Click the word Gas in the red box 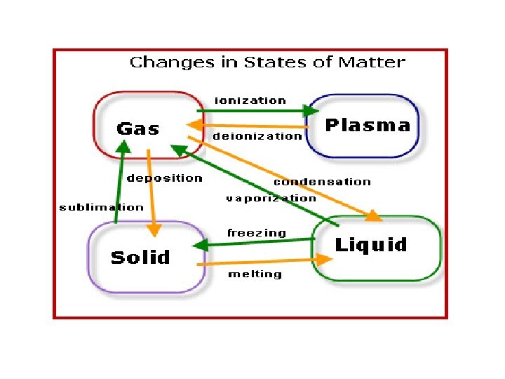pos(138,128)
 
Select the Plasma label pos(368,126)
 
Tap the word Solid pos(140,258)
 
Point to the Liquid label pos(370,245)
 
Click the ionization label pos(250,100)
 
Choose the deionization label pos(257,135)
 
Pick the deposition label pos(165,178)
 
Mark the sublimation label pos(101,207)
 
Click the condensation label pos(322,182)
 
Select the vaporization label pos(271,199)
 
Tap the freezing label pos(257,233)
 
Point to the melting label pos(255,274)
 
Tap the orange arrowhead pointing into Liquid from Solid pos(323,259)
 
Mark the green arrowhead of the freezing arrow pos(200,246)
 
